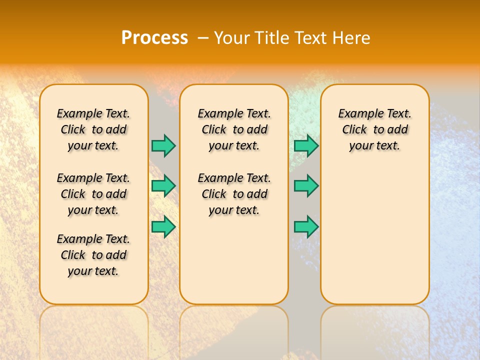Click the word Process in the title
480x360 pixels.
pos(154,38)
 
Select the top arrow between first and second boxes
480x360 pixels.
pos(163,145)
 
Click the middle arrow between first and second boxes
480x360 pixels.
pos(163,186)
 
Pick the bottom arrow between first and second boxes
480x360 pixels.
pos(163,227)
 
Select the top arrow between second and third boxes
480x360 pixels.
pos(306,145)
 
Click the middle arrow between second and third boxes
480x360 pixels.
pos(306,186)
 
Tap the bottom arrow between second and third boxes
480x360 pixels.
pos(306,227)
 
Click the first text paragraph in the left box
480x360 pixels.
pos(93,129)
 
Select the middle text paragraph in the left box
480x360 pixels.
pos(93,194)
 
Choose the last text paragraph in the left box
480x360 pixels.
pos(93,255)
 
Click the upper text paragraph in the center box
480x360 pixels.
pos(234,129)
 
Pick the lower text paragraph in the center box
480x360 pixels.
pos(234,194)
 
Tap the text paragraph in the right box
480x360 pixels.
pos(375,129)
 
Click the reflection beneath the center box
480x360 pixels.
pos(234,330)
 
